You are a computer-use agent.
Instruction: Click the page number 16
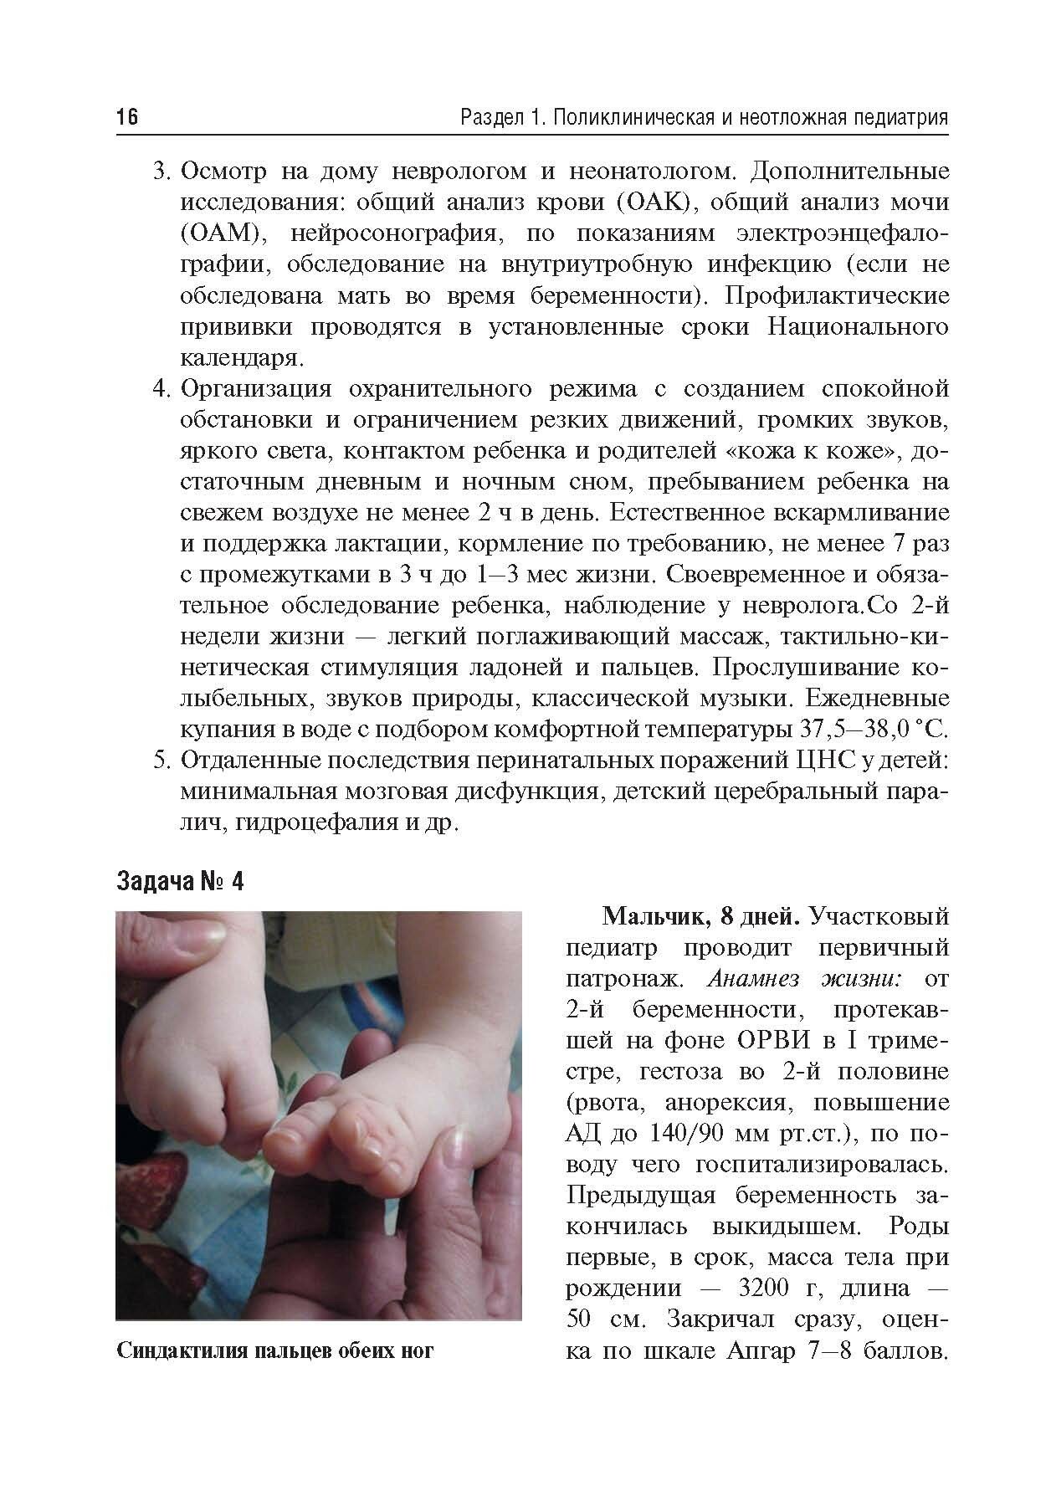126,117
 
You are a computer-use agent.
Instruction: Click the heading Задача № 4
180,882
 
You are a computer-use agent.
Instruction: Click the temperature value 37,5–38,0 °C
869,729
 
